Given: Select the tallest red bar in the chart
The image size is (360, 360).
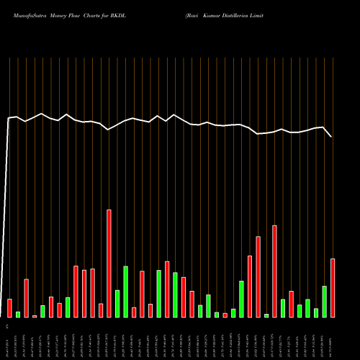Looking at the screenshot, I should coord(109,264).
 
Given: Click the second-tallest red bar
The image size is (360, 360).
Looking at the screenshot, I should coord(274,271).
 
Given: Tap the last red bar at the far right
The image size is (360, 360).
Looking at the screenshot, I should coord(333,288).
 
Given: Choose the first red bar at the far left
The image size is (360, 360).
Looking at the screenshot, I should coord(9,308).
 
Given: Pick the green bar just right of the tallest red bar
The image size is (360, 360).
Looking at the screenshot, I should coord(117,304).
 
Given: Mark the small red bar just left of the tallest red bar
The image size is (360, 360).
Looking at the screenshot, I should coord(101,310).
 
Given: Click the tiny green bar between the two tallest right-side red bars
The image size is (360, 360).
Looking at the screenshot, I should coord(266,315).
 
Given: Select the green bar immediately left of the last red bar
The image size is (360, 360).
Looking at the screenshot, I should coord(325,302).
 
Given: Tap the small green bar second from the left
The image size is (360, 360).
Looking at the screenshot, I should coord(18,315).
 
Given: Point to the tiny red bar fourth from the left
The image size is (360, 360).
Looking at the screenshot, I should coord(35,316).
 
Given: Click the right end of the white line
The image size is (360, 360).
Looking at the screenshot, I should coord(331,136).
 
